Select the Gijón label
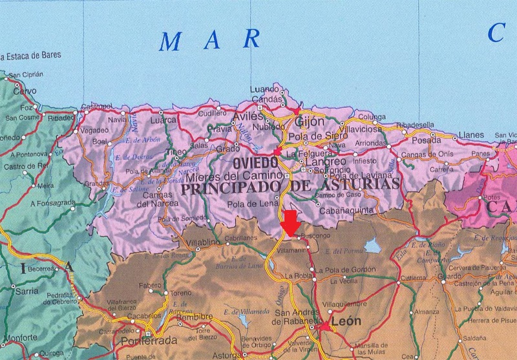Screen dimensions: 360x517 [308, 121]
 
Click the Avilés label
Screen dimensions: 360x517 [248, 116]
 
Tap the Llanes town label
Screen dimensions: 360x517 [470, 134]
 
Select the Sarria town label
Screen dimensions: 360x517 [26, 291]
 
